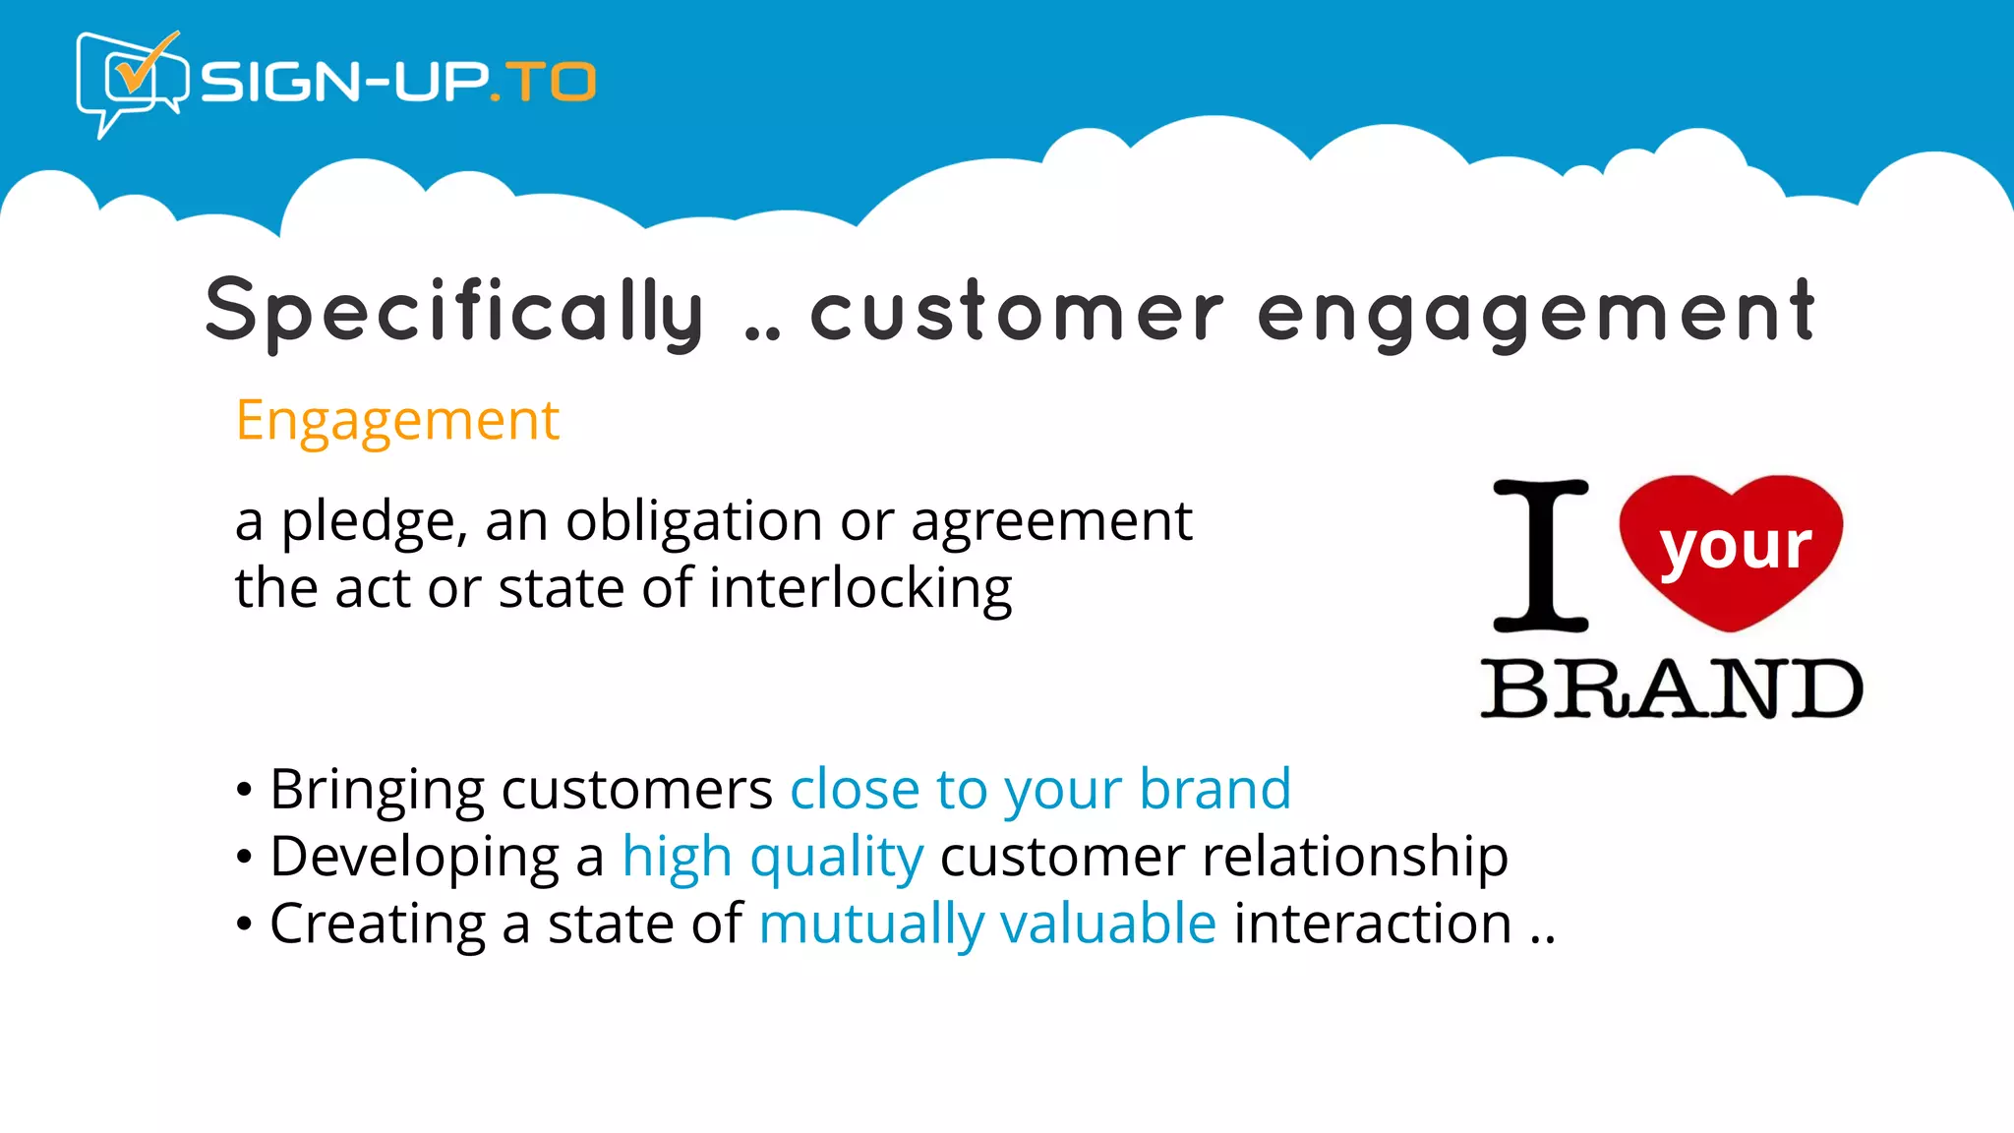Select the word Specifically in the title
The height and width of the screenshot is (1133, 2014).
(455, 312)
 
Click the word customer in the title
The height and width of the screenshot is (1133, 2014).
(1017, 312)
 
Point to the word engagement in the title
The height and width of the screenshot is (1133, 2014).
(1536, 314)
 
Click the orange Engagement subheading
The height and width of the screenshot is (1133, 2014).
(397, 421)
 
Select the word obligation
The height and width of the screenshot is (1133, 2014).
(693, 520)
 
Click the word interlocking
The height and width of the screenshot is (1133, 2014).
(860, 589)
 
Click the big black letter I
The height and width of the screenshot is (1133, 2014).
(1540, 556)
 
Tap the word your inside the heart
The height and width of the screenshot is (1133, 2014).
(1735, 547)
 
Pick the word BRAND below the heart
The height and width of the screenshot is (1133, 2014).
(1672, 688)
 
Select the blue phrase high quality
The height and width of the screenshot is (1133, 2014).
(773, 858)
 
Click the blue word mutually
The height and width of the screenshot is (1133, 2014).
(871, 925)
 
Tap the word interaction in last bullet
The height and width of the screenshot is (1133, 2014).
(1373, 924)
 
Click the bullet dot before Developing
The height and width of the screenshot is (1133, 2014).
(244, 858)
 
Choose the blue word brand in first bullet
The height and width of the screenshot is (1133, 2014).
(1214, 789)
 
